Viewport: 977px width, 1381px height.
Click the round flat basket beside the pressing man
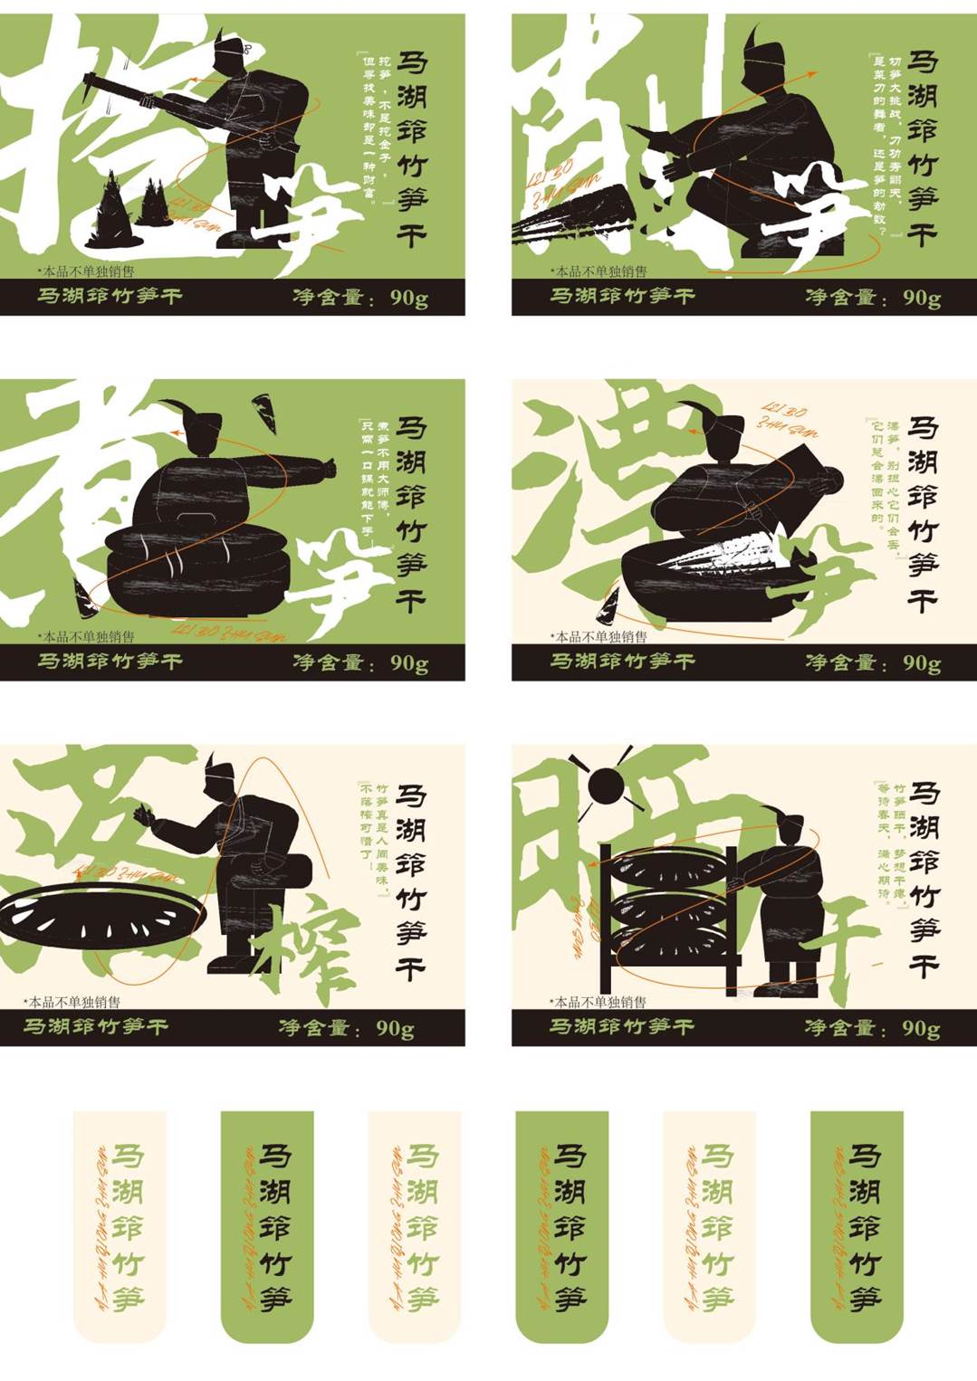pyautogui.click(x=101, y=916)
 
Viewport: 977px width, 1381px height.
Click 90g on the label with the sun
pyautogui.click(x=921, y=1028)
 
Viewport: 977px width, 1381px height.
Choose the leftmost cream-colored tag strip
pyautogui.click(x=120, y=1226)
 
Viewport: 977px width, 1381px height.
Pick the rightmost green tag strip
pyautogui.click(x=857, y=1226)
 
